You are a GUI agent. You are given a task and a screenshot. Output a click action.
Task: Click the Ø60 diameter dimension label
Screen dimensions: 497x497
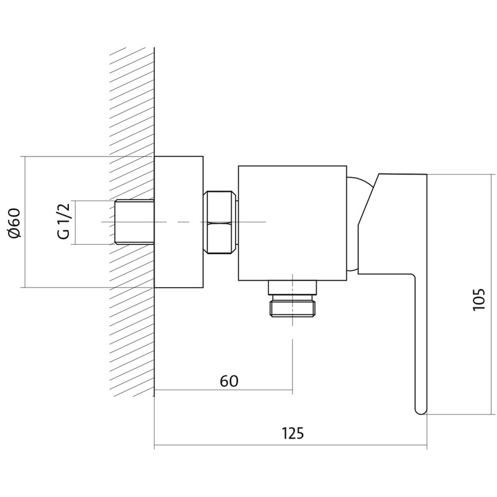[x=14, y=222]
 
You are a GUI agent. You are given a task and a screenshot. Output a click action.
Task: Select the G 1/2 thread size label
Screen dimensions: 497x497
[x=63, y=222]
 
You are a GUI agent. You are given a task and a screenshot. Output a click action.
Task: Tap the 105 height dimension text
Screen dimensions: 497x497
[x=478, y=299]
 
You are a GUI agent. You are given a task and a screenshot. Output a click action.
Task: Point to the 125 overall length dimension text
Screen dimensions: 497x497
[x=293, y=433]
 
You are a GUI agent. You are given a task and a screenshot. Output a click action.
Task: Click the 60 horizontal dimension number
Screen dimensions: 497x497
[x=229, y=381]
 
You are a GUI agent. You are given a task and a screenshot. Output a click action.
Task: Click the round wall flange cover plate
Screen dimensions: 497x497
[x=178, y=222]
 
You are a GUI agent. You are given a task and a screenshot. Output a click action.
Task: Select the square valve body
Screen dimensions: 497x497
[x=292, y=223]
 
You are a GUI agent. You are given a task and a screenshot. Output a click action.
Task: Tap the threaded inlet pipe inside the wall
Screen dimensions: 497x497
[x=134, y=222]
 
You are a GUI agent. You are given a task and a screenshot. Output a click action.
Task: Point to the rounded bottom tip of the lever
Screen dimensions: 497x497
[x=421, y=411]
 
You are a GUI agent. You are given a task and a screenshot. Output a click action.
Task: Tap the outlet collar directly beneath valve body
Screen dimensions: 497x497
[x=293, y=288]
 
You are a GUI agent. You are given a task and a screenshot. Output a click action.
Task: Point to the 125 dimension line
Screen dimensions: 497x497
[x=290, y=445]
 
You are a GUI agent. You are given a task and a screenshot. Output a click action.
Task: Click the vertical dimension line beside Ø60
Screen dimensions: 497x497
[x=25, y=222]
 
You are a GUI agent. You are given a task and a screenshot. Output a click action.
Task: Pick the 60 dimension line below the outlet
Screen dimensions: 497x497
[x=223, y=390]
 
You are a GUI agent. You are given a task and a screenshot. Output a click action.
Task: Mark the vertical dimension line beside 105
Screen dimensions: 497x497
[x=491, y=294]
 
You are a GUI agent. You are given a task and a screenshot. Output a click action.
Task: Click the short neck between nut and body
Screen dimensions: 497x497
[x=237, y=222]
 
